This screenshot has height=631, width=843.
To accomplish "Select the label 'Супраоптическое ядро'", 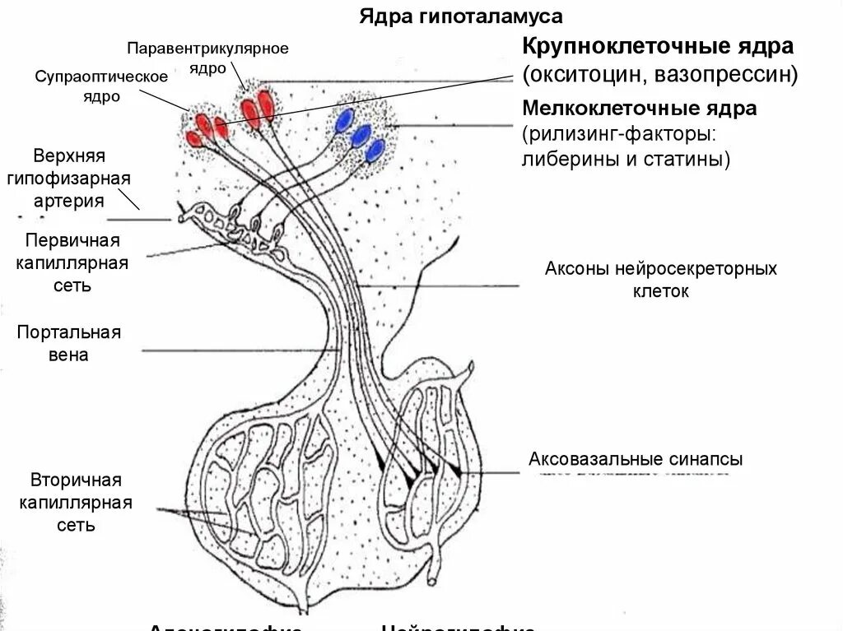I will click(101, 86).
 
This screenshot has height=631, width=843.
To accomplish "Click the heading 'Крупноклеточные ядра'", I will click(658, 45).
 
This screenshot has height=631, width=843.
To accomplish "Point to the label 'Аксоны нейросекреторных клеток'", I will click(660, 280).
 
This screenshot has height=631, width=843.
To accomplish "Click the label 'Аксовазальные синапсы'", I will click(636, 459).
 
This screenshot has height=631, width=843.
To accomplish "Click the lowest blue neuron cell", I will click(375, 150).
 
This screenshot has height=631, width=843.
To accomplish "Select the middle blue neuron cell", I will click(361, 136).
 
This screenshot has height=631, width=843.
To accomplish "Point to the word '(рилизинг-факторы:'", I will click(617, 133).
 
